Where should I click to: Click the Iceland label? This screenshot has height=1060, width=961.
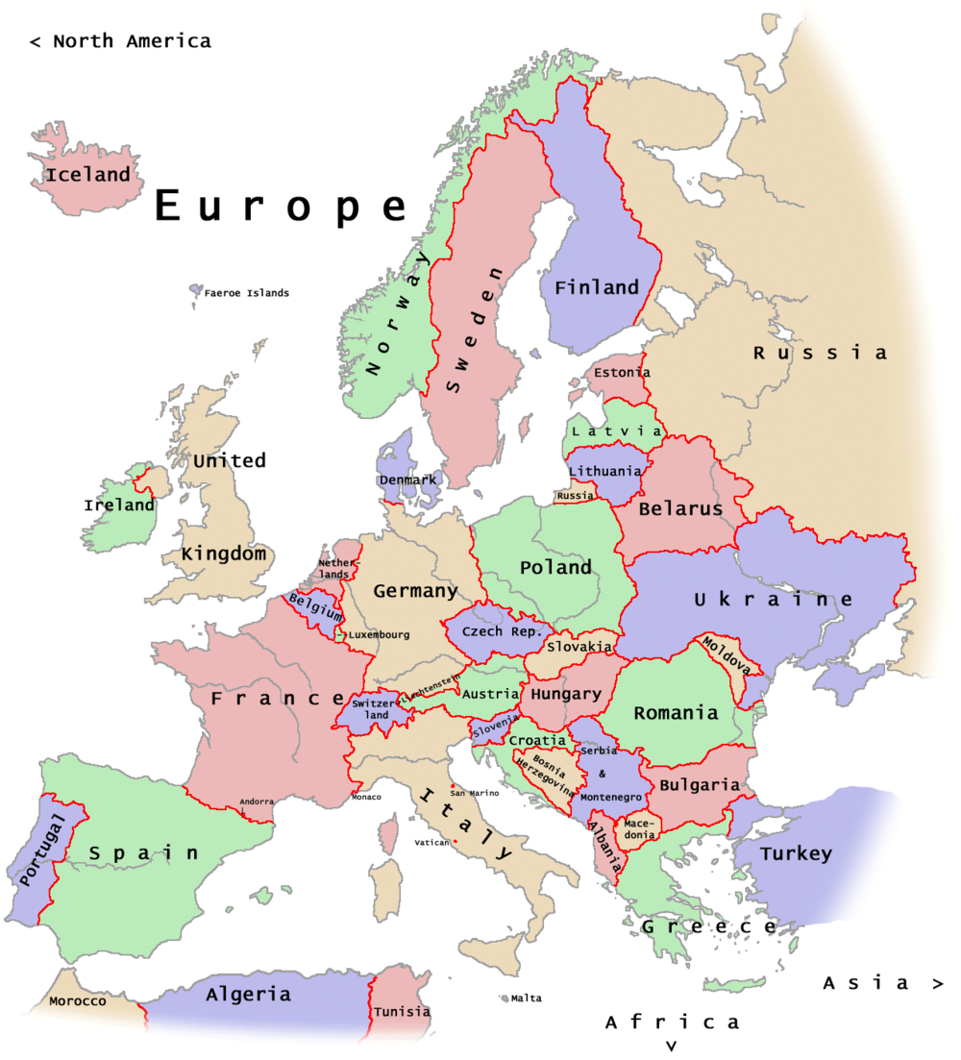click(87, 175)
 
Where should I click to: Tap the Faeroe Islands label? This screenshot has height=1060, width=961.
click(246, 293)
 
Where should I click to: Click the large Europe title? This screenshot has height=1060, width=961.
click(282, 207)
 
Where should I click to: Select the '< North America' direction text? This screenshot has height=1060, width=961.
click(120, 41)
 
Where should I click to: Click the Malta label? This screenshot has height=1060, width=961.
click(526, 998)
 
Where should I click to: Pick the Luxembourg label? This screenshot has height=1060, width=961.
click(379, 634)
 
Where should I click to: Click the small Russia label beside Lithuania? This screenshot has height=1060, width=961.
click(576, 496)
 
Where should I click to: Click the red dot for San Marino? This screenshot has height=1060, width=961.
click(452, 786)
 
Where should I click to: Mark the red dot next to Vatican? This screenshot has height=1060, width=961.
click(455, 843)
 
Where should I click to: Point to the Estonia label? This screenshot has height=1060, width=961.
click(622, 372)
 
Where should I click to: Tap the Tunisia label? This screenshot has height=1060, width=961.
click(402, 1011)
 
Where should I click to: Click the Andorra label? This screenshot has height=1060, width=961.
click(257, 801)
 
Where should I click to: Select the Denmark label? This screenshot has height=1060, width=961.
click(407, 480)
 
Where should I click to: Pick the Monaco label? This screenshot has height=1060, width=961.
click(366, 797)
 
